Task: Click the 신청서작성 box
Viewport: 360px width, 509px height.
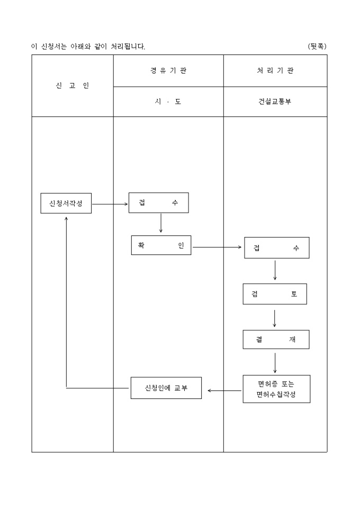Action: click(66, 203)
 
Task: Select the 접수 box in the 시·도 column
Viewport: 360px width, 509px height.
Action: click(158, 203)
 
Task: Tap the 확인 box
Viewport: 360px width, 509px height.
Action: click(161, 245)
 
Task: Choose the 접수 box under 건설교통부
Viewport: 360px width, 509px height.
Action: click(276, 248)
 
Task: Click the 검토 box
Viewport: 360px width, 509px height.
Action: click(275, 294)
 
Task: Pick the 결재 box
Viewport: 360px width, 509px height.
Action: click(276, 340)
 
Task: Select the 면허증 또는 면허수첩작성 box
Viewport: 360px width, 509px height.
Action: click(276, 389)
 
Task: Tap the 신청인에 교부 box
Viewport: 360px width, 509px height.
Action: click(166, 388)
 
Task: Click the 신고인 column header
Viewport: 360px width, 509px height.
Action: click(73, 86)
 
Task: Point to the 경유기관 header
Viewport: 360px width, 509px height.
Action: click(168, 71)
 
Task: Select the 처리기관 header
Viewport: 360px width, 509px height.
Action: click(275, 71)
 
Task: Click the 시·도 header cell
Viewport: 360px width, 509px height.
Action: click(168, 102)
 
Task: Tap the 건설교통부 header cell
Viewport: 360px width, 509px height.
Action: click(275, 102)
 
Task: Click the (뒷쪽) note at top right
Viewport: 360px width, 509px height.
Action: click(317, 46)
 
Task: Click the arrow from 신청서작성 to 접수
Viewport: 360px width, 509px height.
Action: click(110, 203)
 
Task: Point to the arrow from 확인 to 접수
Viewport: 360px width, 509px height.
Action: click(217, 247)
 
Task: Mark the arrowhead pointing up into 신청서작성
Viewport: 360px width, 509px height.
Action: click(66, 218)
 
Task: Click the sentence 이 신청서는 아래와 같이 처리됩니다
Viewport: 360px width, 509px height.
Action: click(88, 47)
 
